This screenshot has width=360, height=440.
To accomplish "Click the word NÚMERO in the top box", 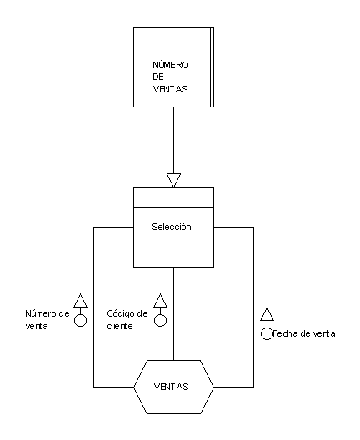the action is click(171, 65).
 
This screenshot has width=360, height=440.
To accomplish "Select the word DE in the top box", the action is click(158, 77).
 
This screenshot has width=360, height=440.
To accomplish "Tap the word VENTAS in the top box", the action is click(170, 89).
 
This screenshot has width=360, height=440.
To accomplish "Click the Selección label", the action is click(172, 227).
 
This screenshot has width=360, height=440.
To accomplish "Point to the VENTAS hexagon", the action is click(173, 387).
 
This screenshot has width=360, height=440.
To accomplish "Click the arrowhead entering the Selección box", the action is click(173, 180).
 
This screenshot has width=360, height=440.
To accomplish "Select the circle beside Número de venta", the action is click(81, 320).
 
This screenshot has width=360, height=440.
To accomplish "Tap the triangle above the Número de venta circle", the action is click(81, 301).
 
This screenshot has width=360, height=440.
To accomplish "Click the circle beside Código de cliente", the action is click(161, 320).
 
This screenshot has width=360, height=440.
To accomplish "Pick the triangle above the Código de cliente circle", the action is click(161, 301).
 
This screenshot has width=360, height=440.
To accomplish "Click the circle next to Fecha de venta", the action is click(267, 333).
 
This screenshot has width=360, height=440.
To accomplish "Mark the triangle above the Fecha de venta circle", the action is click(267, 313).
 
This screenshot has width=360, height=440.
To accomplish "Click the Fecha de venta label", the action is click(304, 333).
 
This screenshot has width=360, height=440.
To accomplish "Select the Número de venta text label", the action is click(47, 320).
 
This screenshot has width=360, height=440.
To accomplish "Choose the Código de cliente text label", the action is click(127, 320).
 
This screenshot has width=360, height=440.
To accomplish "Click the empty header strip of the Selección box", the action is click(173, 197).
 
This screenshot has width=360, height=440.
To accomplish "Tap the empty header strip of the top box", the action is click(173, 37).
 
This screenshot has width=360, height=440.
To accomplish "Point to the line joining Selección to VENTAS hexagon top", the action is click(173, 313).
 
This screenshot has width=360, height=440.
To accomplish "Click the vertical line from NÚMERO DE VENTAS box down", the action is click(173, 140).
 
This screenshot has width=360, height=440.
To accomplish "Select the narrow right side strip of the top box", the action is click(212, 67).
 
